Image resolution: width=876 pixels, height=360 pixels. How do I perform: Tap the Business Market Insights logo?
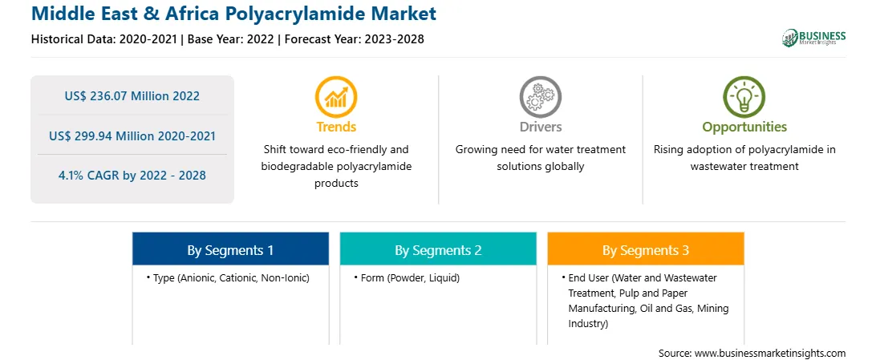tap(813, 38)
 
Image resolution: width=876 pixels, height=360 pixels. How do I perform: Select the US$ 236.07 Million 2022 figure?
tap(132, 96)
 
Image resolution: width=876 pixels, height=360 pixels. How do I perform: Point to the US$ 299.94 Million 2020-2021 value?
tap(132, 136)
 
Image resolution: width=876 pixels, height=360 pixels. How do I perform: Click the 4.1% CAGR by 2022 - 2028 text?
tap(132, 176)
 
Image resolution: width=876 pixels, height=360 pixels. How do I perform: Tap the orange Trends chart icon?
tap(336, 97)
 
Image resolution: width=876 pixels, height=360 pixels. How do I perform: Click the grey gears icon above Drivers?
tap(540, 97)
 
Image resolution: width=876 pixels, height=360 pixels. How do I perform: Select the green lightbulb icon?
tap(744, 97)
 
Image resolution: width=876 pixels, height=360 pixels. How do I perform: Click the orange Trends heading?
tap(336, 127)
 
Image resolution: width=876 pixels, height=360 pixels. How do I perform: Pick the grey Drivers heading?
tap(540, 127)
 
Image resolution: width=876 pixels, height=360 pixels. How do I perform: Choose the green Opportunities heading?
tap(744, 127)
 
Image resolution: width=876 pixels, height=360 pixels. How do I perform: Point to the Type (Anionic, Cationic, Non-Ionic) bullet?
tap(228, 278)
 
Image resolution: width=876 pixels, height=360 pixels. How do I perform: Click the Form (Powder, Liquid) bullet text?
tap(407, 278)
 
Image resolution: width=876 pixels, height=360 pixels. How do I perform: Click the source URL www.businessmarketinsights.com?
tap(771, 354)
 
